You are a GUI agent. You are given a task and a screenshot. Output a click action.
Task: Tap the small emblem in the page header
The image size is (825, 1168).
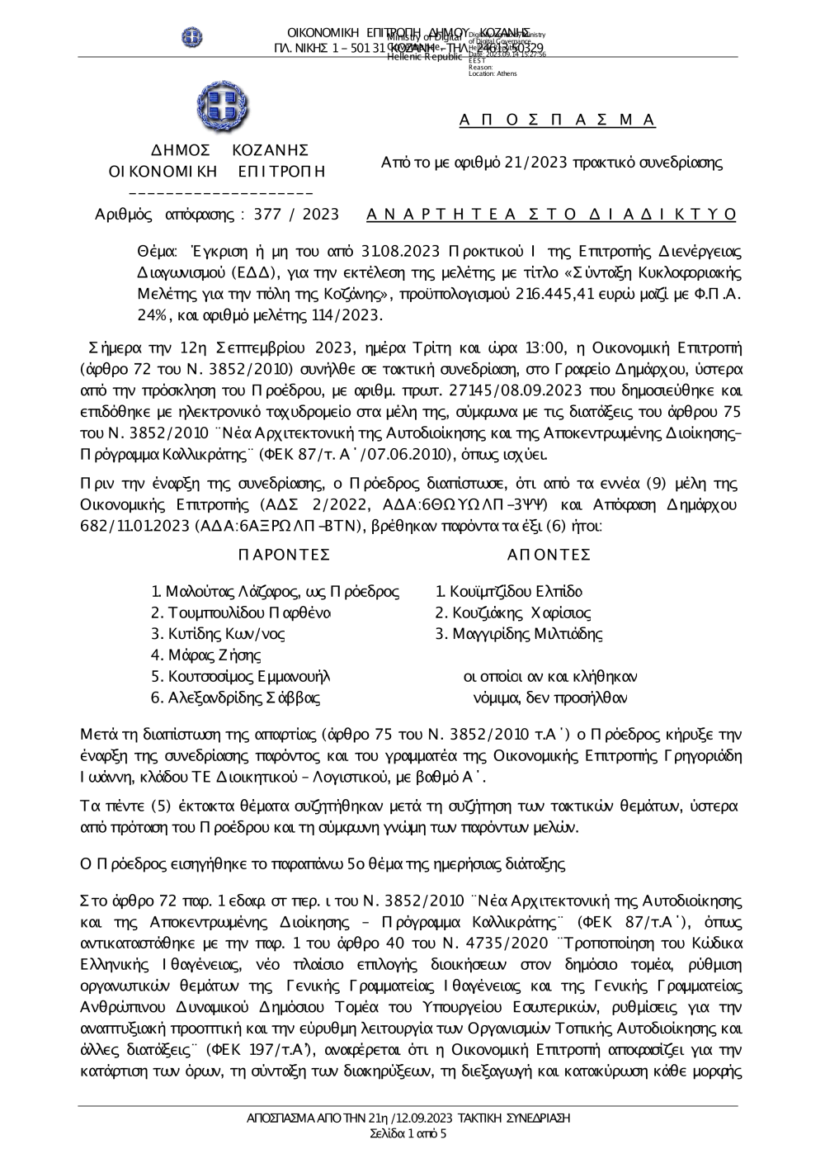tap(192, 37)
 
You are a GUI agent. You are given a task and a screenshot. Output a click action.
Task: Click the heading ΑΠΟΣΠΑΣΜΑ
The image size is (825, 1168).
tap(557, 121)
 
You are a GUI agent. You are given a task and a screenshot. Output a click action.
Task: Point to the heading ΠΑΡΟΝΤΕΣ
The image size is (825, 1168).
tap(284, 554)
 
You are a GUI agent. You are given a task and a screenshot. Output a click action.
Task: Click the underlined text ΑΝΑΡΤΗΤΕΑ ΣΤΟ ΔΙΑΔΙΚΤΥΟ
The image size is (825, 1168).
tap(551, 215)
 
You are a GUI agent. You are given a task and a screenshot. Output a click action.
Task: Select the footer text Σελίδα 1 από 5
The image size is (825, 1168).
tap(408, 1133)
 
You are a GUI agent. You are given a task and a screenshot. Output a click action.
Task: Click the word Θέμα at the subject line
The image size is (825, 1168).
tap(157, 251)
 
